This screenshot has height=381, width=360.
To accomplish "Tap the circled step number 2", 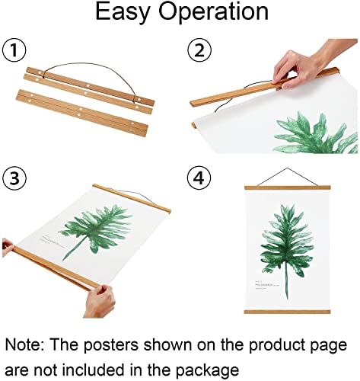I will coord(200,53).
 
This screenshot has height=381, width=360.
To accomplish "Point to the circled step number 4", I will coord(200,180).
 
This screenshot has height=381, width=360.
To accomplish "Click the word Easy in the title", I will coord(122,13).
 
